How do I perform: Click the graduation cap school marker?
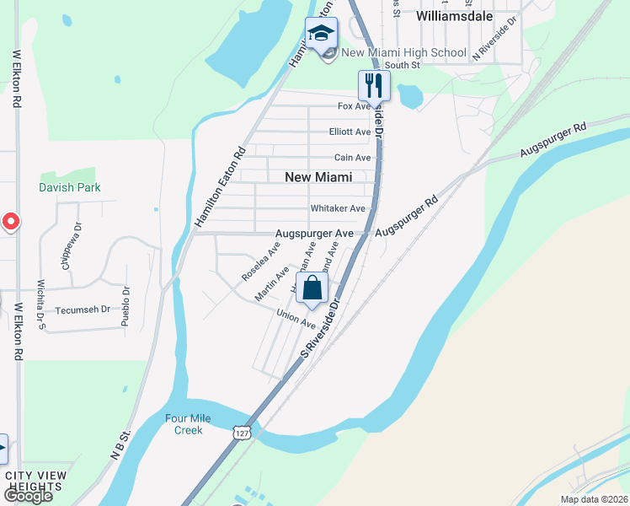(x=320, y=35)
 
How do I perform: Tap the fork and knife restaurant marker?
(x=373, y=85)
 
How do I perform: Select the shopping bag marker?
(x=312, y=288)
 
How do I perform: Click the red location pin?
(x=9, y=222)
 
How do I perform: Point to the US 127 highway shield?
(x=243, y=432)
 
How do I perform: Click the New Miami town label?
(x=318, y=177)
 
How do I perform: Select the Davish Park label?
(x=70, y=187)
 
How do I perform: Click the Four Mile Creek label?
(x=188, y=424)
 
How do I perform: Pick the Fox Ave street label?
(x=354, y=106)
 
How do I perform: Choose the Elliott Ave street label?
(x=350, y=132)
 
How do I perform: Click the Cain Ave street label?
(x=352, y=158)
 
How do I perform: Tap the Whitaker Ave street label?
(x=338, y=208)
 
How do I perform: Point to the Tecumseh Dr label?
(x=83, y=310)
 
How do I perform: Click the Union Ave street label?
(x=296, y=318)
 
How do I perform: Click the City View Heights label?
(x=35, y=481)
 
